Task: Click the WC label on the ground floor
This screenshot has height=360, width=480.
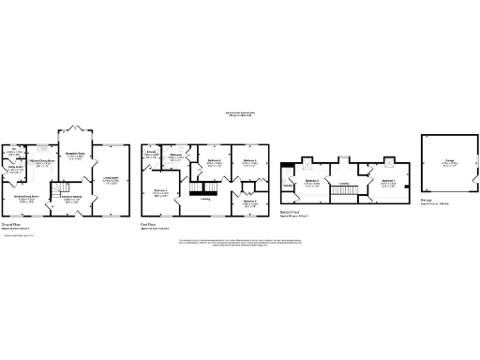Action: [x=13, y=153]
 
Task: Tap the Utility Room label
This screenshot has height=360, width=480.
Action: [x=15, y=168]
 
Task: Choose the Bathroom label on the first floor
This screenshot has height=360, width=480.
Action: [x=175, y=156]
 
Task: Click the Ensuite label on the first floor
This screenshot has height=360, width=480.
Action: [x=151, y=152]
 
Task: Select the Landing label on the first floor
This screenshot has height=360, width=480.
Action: [x=205, y=199]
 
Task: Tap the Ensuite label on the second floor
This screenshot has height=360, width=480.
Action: [x=288, y=186]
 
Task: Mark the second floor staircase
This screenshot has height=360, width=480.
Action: [x=346, y=192]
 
